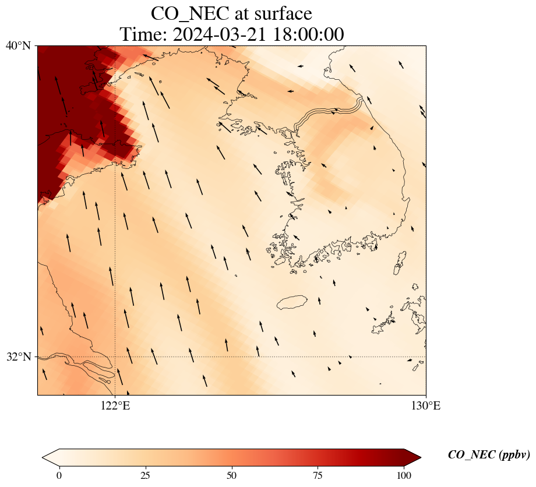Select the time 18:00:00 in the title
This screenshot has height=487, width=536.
306,34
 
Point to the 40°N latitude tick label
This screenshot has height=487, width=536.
18,45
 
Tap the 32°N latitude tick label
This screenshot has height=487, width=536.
18,357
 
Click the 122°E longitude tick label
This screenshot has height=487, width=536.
115,406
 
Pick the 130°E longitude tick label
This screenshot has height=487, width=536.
426,406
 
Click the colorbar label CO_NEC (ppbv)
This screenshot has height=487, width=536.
488,455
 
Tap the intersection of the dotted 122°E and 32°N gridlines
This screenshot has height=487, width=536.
115,357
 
